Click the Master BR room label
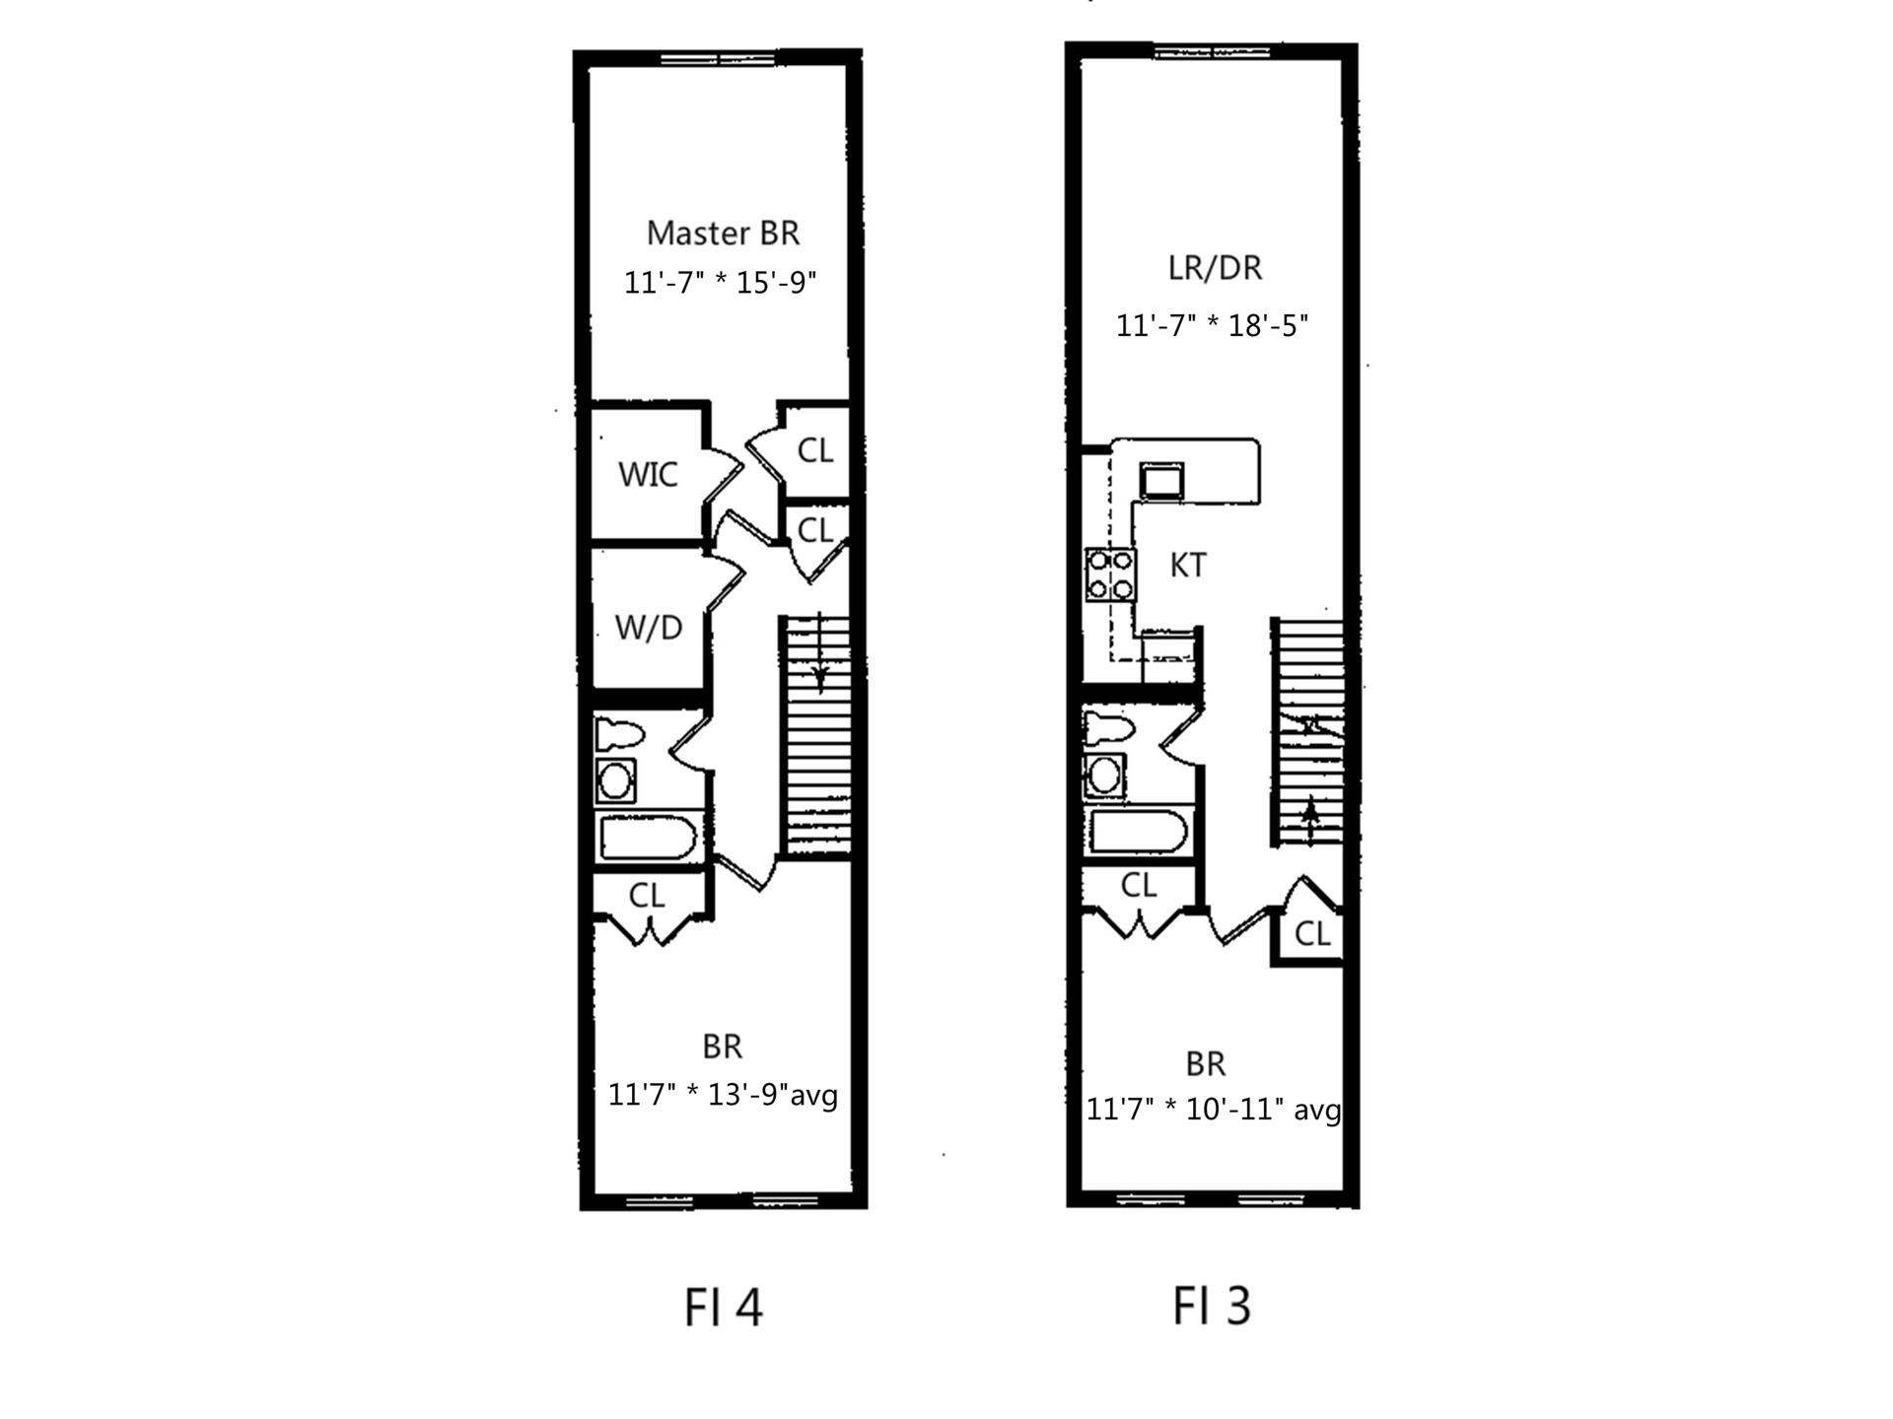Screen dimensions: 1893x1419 (x=723, y=234)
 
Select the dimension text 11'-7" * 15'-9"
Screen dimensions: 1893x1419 (x=721, y=283)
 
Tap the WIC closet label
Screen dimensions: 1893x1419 (x=648, y=474)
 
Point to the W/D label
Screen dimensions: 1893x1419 (x=648, y=627)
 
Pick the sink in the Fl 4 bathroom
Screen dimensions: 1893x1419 (x=616, y=780)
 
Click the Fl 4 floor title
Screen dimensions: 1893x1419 (x=723, y=1308)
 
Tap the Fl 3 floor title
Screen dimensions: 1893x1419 (x=1211, y=1305)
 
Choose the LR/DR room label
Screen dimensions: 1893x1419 (x=1215, y=268)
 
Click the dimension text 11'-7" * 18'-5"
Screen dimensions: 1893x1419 (x=1212, y=325)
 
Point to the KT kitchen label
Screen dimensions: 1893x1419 (x=1188, y=566)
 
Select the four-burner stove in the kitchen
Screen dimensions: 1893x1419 (x=1110, y=575)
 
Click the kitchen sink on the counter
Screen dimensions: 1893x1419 (x=1161, y=480)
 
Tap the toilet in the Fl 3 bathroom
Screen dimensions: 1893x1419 (x=1108, y=729)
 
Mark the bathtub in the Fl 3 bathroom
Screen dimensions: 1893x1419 (x=1138, y=833)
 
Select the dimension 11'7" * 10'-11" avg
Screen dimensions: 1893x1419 (x=1213, y=1110)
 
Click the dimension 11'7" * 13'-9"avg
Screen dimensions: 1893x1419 (x=723, y=1095)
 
